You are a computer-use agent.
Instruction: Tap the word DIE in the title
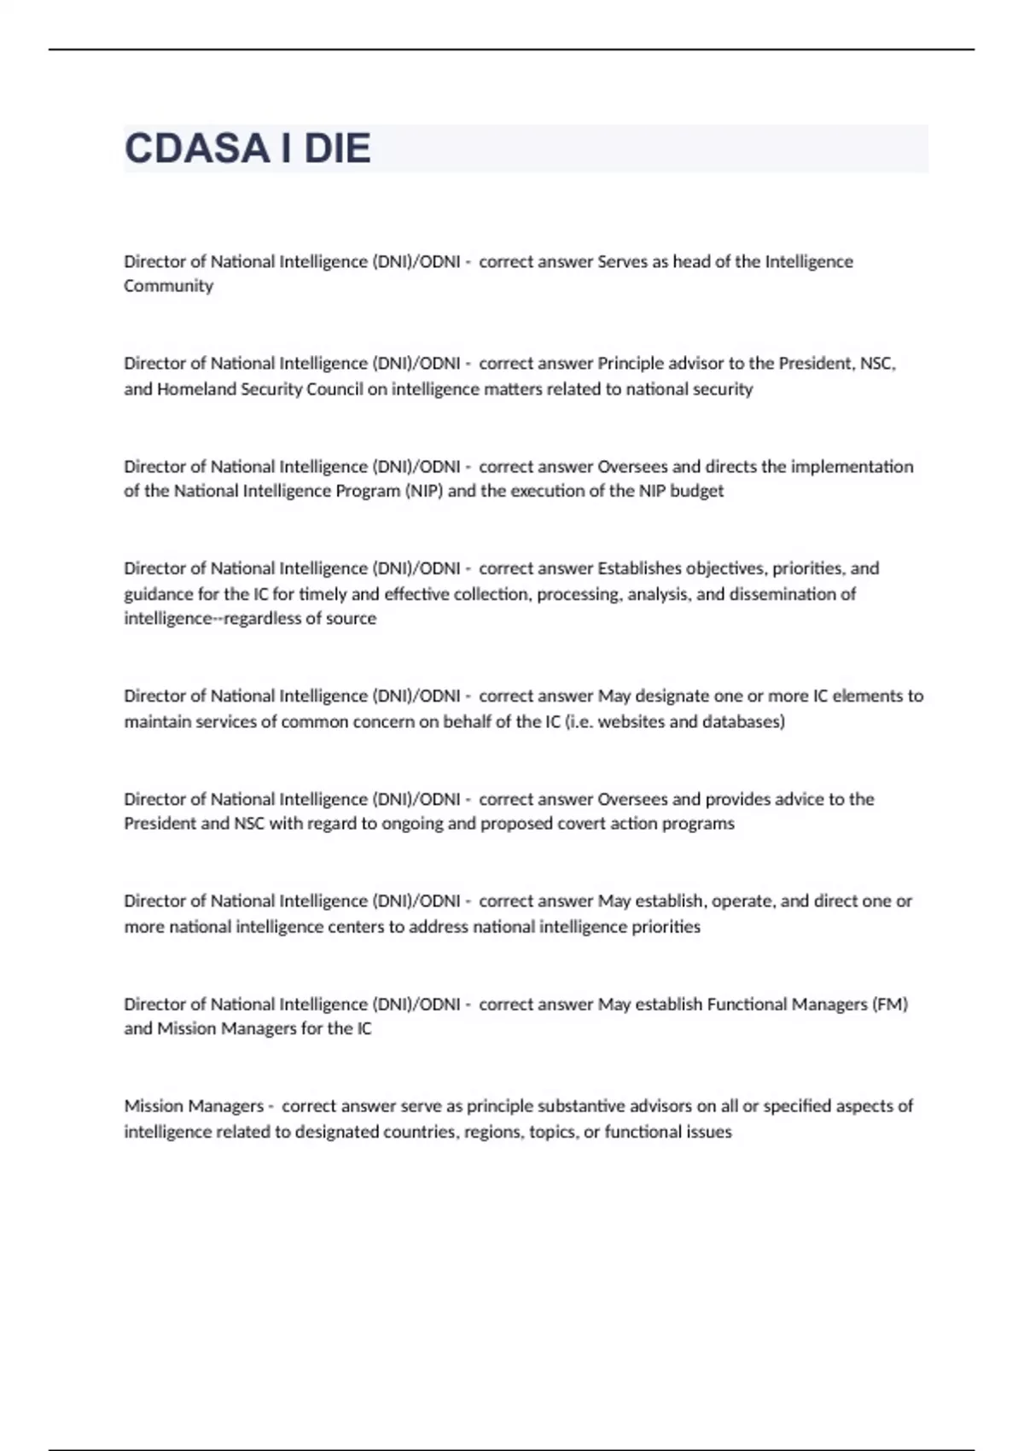point(338,149)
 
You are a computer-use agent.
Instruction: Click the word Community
point(168,286)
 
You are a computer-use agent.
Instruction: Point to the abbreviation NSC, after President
point(878,364)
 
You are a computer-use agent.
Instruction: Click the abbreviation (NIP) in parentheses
point(424,491)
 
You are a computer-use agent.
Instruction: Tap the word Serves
point(622,261)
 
